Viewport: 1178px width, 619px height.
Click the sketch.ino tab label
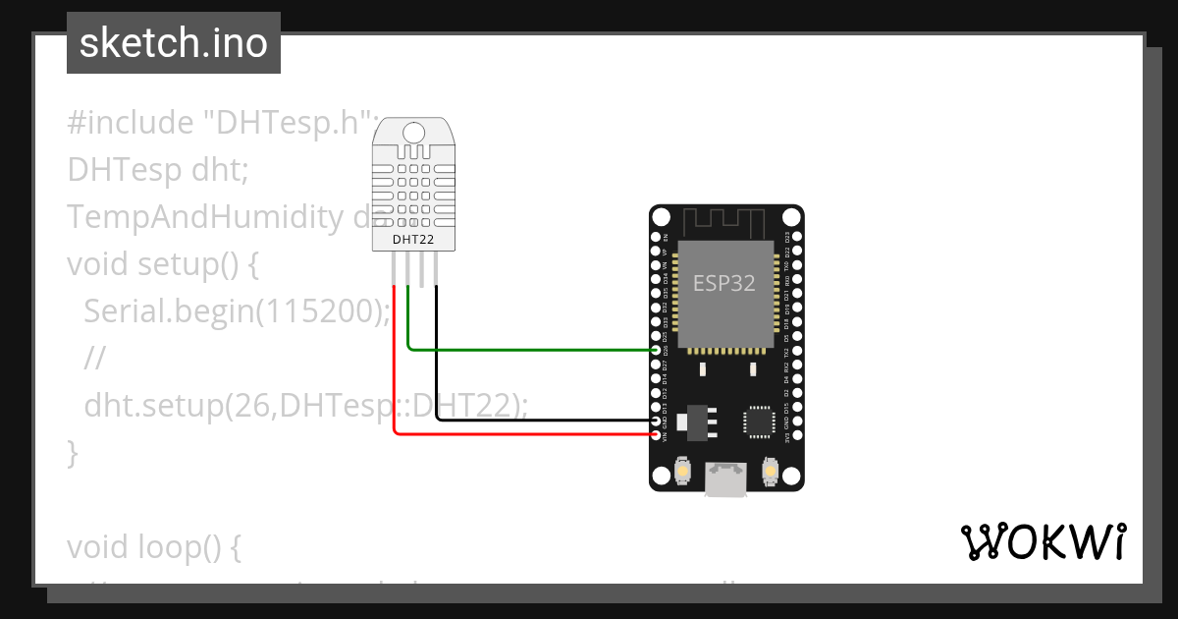pos(173,43)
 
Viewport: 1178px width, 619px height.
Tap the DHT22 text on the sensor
pos(413,239)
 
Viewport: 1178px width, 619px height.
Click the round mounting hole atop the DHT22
pos(413,132)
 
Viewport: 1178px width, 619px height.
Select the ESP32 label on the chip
pos(724,283)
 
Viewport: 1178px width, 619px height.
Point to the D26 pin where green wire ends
pos(657,350)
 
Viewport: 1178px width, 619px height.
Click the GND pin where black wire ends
pos(657,421)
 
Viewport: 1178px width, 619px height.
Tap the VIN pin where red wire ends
pos(657,434)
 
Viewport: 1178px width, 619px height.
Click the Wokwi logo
pos(1042,541)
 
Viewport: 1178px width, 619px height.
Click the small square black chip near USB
pos(759,421)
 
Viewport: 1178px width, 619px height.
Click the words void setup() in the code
pos(161,264)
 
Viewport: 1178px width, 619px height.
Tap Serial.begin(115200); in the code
pos(237,311)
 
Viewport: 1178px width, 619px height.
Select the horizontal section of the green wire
pos(530,350)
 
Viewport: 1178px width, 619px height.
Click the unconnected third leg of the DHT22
pos(423,271)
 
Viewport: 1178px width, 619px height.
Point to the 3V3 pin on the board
pos(796,434)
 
